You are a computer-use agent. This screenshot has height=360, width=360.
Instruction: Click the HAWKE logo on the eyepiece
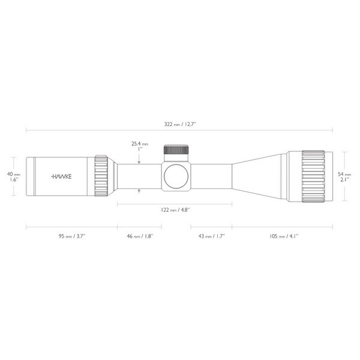pos(61,177)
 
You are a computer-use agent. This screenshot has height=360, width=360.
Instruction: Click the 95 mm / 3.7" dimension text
pos(72,236)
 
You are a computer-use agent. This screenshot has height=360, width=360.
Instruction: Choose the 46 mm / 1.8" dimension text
pos(139,236)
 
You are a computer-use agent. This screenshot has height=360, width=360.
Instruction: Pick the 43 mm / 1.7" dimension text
pos(211,236)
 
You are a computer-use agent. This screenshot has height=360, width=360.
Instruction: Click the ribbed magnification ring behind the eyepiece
pos(101,176)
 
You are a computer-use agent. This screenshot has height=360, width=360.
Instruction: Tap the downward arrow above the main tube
pos(139,161)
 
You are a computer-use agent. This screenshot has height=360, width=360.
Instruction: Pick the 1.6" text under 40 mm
pos(13,179)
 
